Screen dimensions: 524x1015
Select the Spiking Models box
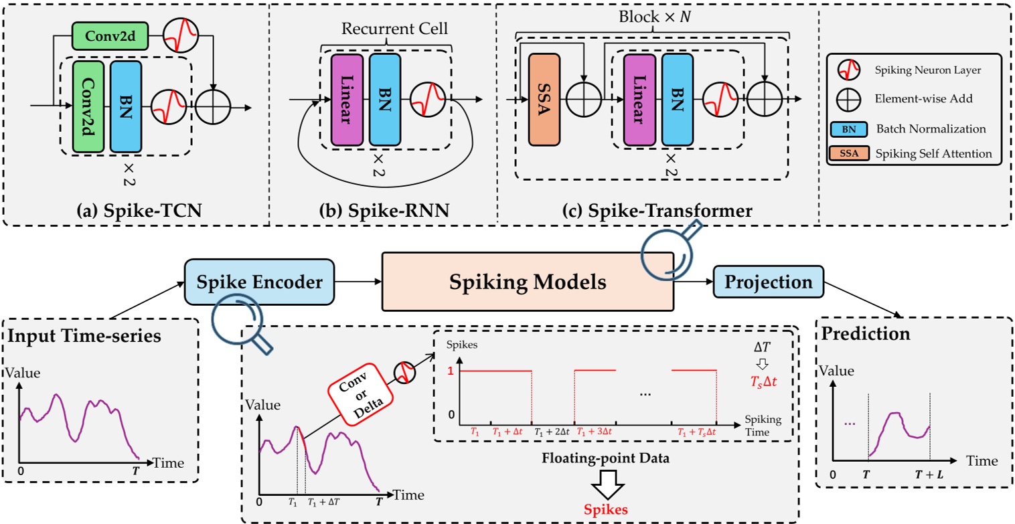tap(526, 282)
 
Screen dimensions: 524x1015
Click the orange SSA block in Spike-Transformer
tap(543, 100)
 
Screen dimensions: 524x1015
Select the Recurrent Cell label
tap(385, 29)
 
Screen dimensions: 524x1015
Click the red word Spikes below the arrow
tap(606, 508)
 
